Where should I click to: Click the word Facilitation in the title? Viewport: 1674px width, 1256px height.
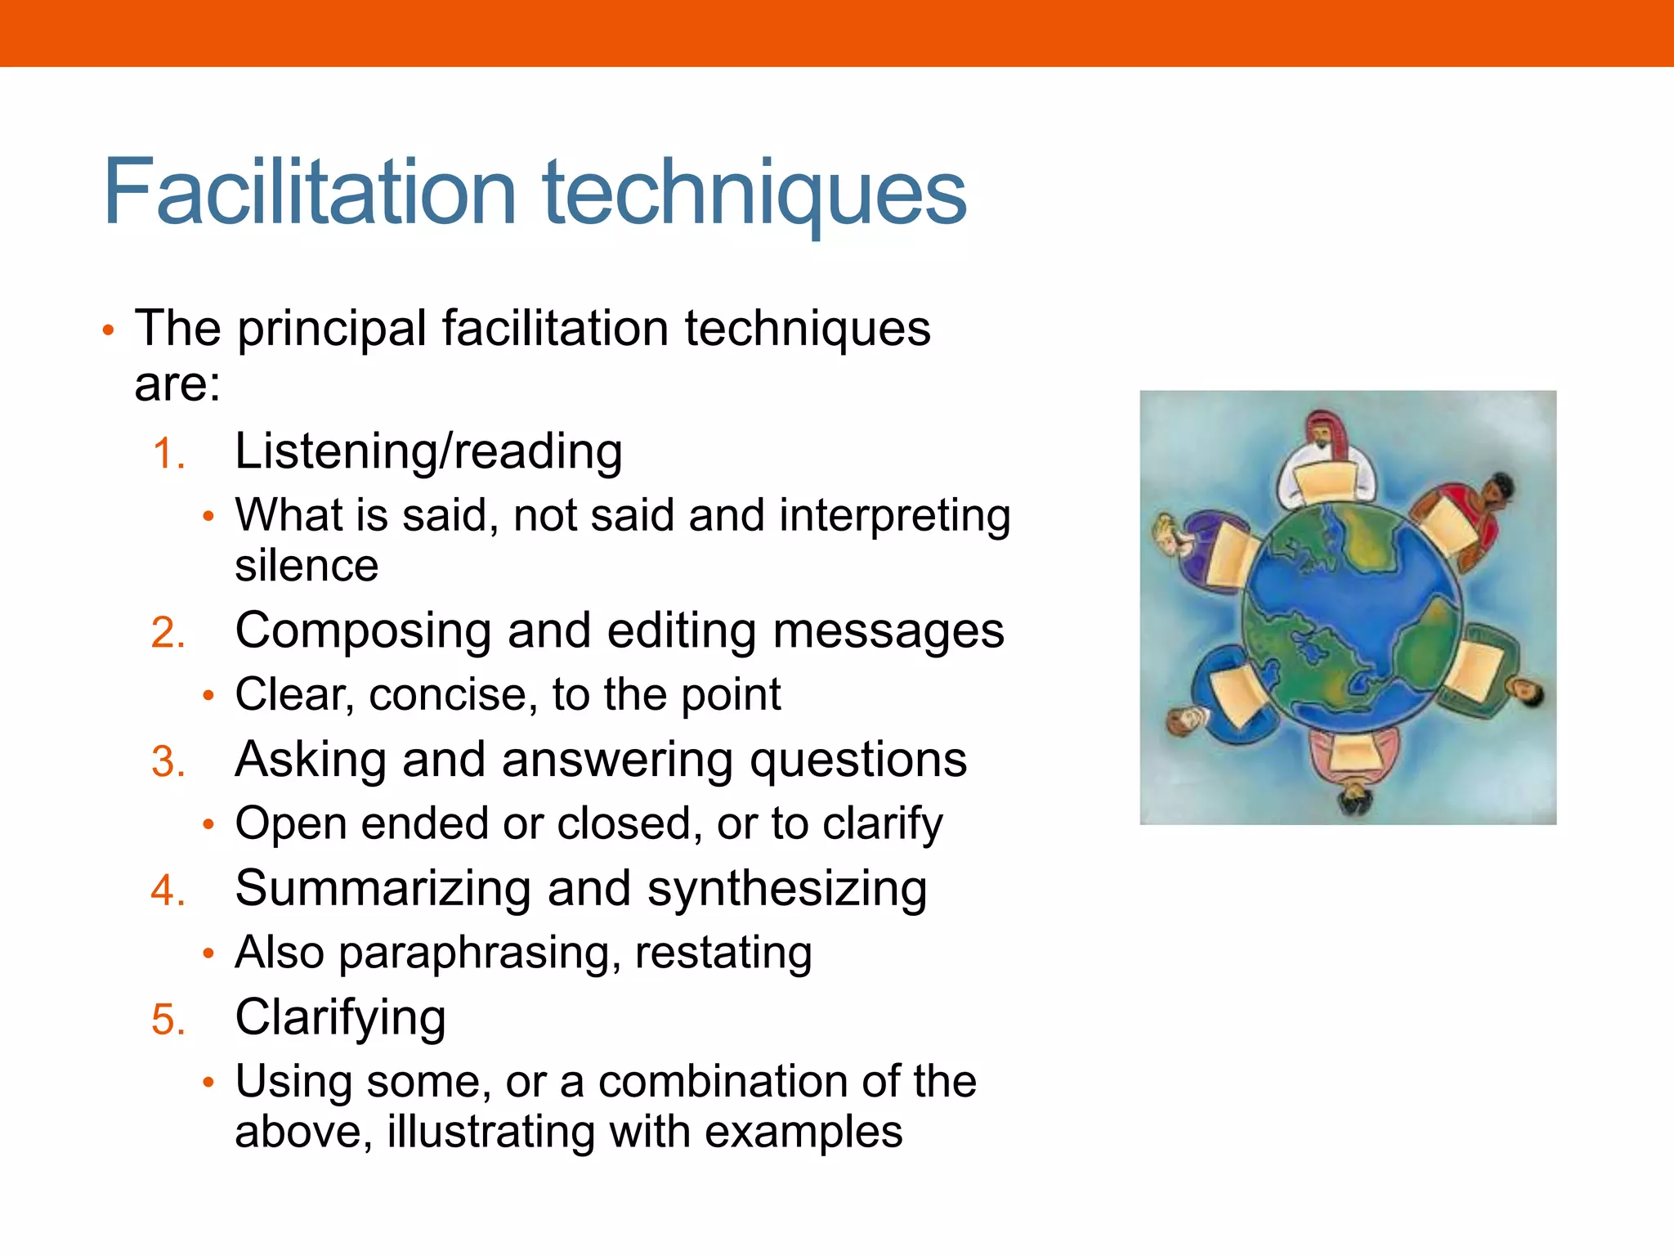310,192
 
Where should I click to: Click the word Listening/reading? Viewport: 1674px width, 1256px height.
428,452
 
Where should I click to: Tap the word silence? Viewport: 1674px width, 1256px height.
307,566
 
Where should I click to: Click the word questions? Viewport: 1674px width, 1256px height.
857,760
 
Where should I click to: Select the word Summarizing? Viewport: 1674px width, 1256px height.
383,889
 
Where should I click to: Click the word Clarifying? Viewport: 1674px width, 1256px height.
340,1018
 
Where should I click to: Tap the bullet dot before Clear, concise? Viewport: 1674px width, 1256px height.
208,696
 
